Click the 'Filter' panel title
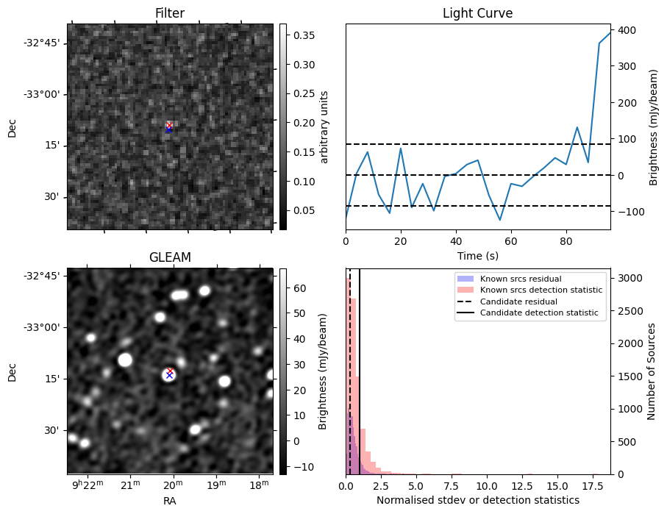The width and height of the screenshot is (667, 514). click(169, 13)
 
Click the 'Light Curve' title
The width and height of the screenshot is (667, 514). click(477, 13)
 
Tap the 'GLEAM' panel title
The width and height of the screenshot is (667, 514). click(169, 257)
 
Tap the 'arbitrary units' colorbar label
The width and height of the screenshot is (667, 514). click(324, 126)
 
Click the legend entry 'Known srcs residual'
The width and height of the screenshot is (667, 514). click(521, 279)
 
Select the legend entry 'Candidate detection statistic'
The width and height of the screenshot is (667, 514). click(538, 313)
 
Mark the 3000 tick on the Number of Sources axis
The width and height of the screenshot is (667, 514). click(628, 278)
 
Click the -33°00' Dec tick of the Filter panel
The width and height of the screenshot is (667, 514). click(46, 94)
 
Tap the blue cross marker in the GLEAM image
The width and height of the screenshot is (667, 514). click(169, 375)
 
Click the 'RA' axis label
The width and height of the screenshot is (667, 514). click(169, 501)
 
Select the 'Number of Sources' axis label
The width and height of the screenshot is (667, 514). click(651, 371)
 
